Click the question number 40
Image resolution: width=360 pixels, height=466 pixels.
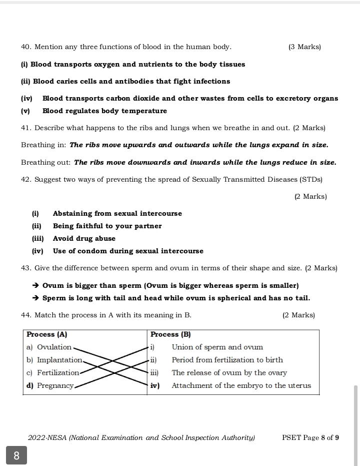point(26,47)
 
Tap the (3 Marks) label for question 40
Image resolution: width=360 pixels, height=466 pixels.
point(304,47)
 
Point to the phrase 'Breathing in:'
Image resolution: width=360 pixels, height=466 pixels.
point(43,145)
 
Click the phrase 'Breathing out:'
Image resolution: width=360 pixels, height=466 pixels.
point(46,163)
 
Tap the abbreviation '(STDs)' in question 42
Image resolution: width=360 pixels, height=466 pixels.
point(311,179)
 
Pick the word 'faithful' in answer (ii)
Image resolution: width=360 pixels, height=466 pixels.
point(87,226)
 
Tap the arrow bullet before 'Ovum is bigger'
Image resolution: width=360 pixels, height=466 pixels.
point(35,286)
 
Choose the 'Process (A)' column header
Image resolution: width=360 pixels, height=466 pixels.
point(47,334)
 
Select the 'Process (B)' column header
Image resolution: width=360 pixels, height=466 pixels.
point(170,334)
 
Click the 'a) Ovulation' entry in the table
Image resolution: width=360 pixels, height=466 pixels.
point(49,347)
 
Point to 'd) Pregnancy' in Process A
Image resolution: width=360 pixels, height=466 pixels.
point(50,386)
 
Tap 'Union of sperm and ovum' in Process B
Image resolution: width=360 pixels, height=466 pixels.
point(217,347)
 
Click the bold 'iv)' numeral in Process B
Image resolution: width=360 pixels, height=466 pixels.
point(155,386)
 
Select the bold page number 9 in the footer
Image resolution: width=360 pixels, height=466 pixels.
point(337,438)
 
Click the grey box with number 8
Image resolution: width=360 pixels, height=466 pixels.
point(16,455)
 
